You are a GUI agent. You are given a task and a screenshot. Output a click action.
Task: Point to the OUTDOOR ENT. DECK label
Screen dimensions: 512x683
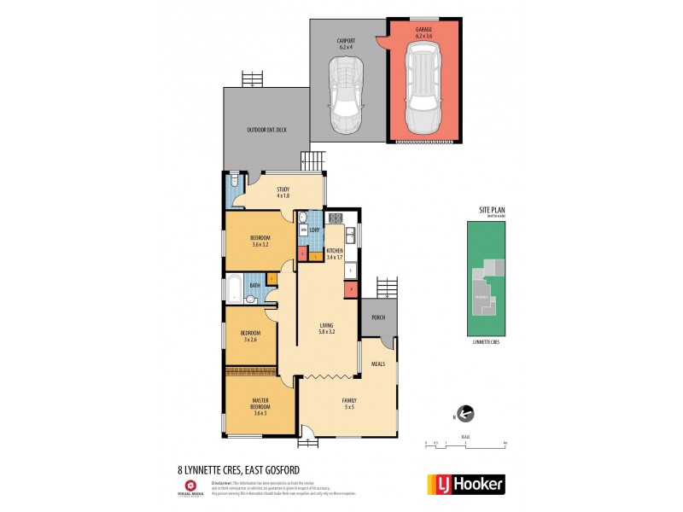pos(266,130)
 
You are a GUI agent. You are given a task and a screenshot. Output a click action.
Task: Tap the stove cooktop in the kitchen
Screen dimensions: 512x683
pos(336,218)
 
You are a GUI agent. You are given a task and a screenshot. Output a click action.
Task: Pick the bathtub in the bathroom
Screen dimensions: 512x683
pos(234,288)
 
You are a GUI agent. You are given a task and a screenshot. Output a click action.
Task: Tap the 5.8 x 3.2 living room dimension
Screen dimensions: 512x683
pos(326,331)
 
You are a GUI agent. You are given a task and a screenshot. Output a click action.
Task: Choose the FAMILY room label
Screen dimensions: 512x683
pos(348,400)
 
